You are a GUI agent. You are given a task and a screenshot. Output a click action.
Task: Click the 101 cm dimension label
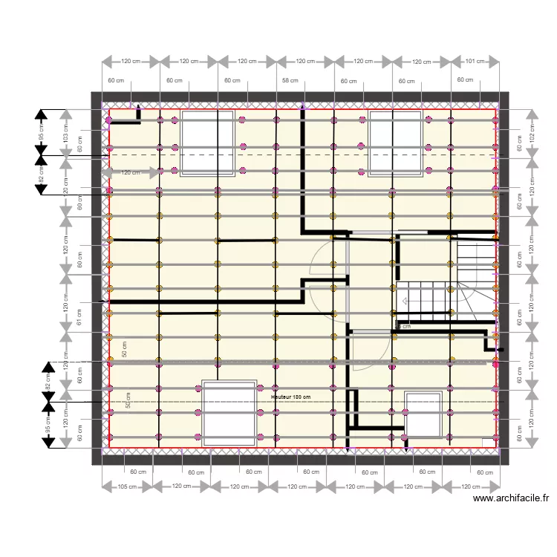pos(475,62)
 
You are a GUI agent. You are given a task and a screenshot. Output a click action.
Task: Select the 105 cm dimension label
pos(127,487)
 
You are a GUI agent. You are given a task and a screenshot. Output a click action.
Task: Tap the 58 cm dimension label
pos(290,80)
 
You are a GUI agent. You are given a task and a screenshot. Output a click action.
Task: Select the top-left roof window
pos(208,143)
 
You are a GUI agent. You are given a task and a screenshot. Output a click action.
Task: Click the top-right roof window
pos(397,143)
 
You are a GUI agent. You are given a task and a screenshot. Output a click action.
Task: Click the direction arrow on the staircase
pos(405,302)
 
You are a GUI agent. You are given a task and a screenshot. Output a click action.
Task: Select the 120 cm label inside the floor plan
pos(130,172)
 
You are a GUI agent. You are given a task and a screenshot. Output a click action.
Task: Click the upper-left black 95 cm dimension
pos(42,133)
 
